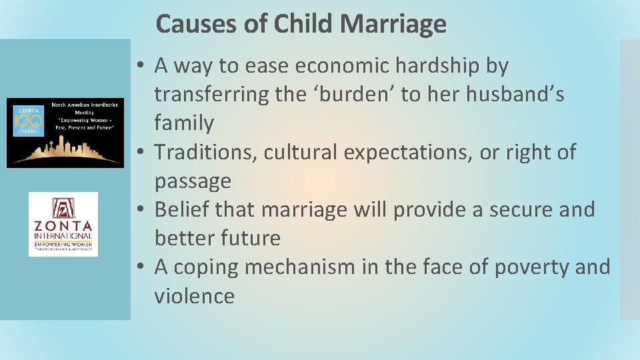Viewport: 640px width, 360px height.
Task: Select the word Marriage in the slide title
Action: (x=393, y=24)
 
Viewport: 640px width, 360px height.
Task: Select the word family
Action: (x=184, y=123)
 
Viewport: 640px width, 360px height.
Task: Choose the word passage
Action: (x=193, y=181)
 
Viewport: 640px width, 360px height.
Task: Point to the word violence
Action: (x=194, y=295)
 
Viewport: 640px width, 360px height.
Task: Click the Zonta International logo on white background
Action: (x=63, y=224)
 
